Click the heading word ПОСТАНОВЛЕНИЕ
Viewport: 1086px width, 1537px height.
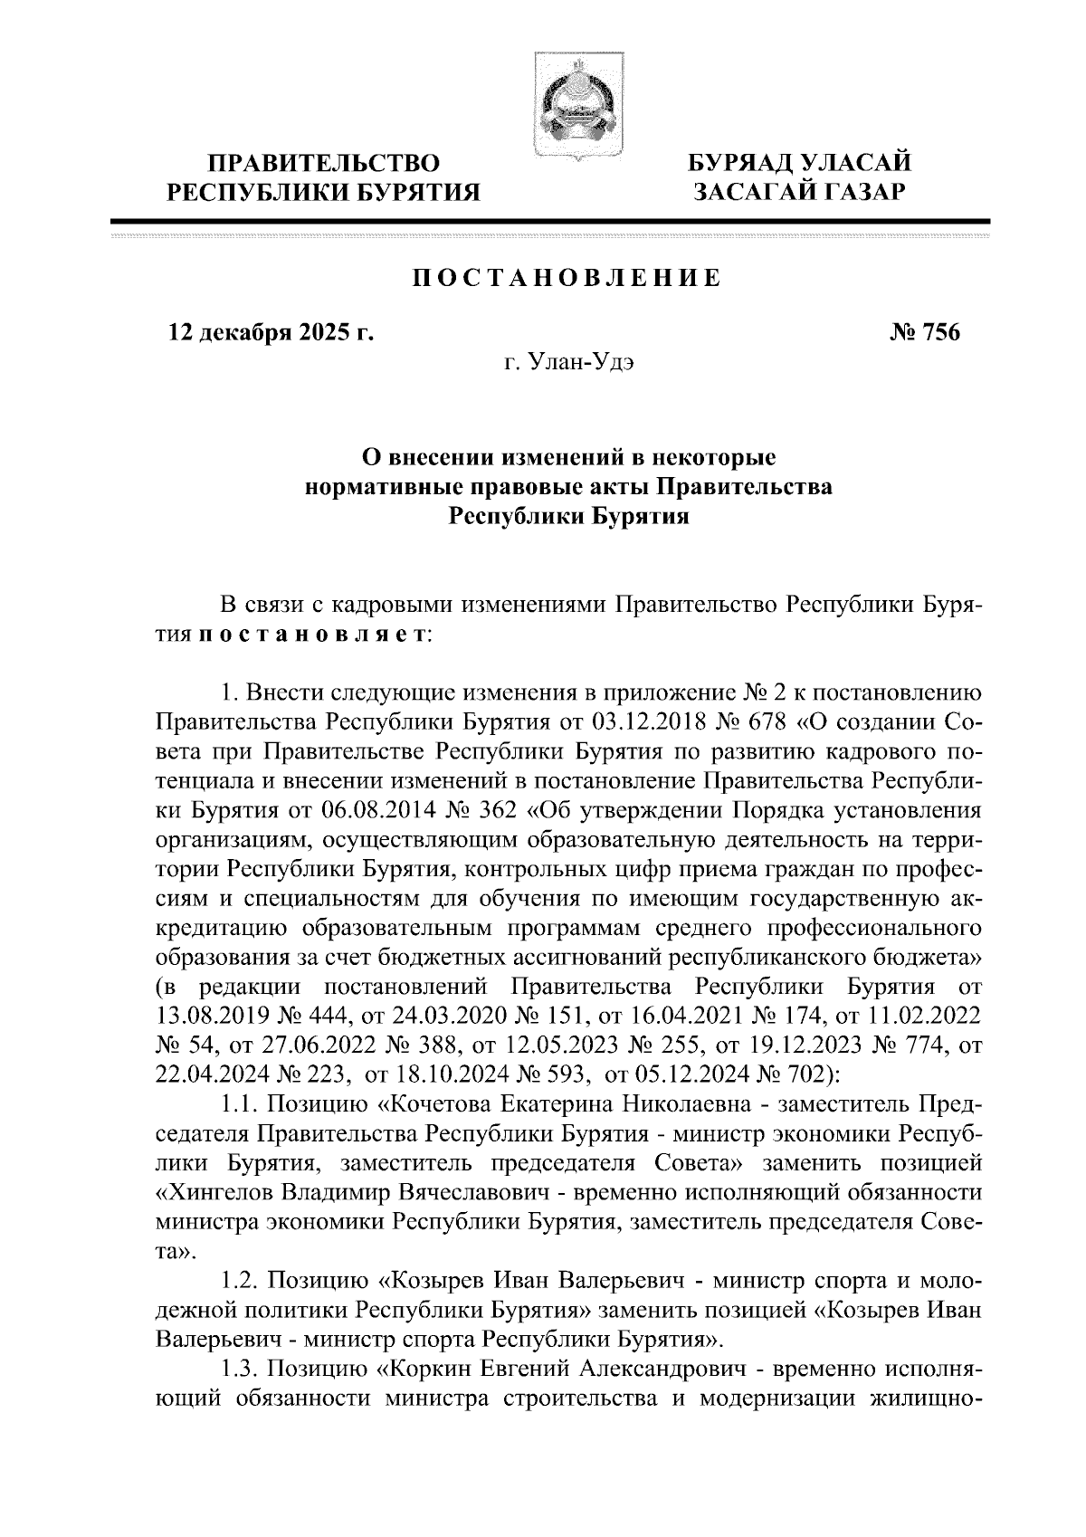(568, 278)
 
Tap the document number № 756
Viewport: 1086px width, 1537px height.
(925, 333)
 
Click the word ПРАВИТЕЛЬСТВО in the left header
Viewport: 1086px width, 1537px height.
(324, 165)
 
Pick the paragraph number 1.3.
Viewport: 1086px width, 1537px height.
(240, 1360)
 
